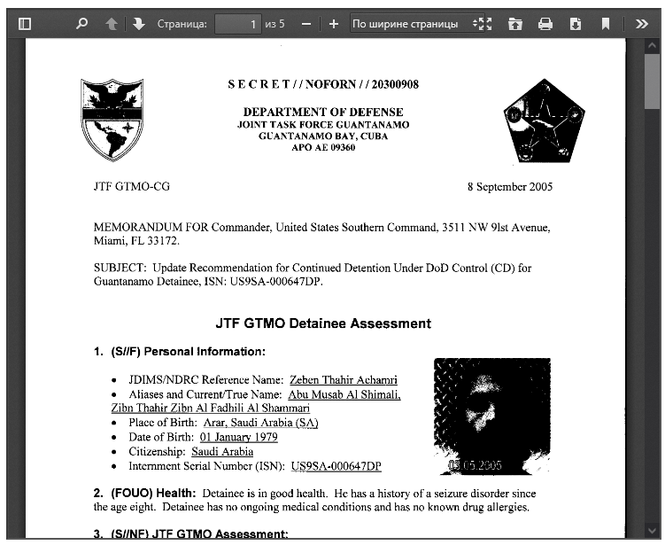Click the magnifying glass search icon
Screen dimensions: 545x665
coord(82,24)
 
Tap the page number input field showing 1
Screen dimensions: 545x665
coord(238,24)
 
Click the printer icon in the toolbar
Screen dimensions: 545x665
coord(545,24)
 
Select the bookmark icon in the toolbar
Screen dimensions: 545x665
coord(606,24)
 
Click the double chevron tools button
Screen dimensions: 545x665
coord(642,24)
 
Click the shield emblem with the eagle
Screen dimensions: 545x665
coord(112,120)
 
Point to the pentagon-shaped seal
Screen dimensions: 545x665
coord(544,121)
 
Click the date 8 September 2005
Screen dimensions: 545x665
coord(509,187)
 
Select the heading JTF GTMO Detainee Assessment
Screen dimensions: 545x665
coord(323,323)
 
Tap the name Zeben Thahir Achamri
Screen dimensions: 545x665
coord(337,379)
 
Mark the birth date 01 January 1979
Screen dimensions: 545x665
coord(238,437)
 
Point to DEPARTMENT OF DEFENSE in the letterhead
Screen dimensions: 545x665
coord(323,113)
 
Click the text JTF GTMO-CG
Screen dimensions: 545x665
coord(131,187)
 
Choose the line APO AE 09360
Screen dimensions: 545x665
coord(323,148)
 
